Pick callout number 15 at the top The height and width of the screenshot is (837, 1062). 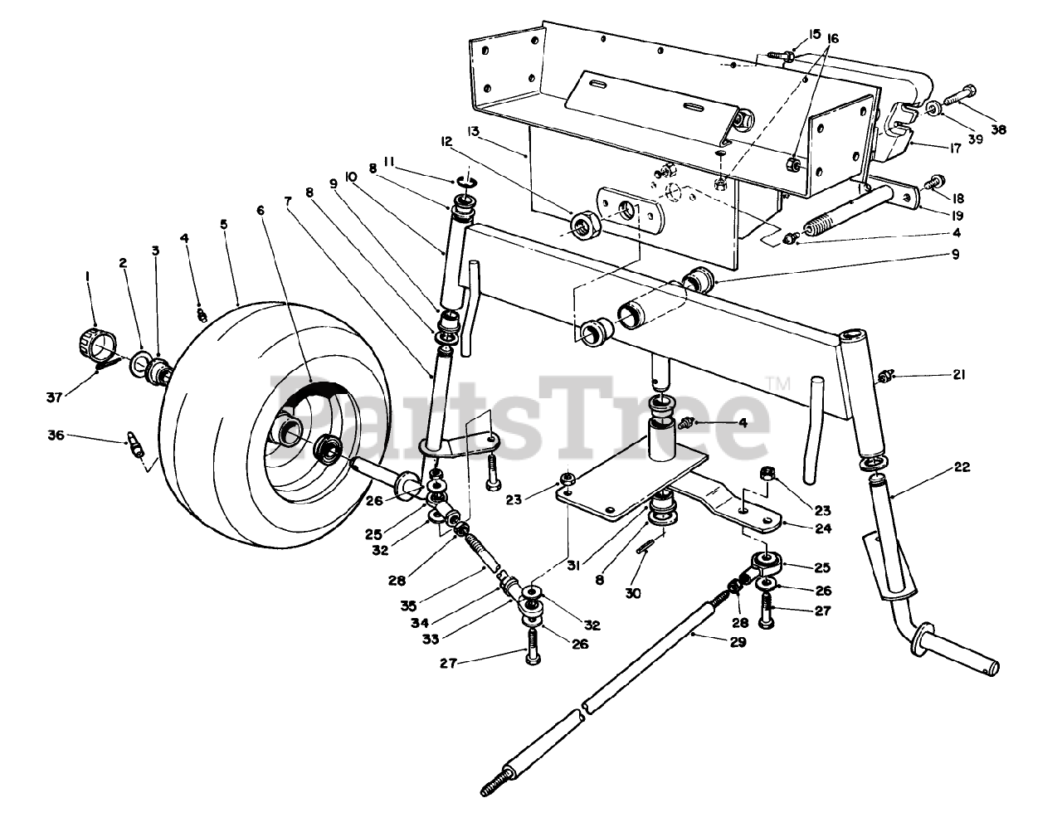(813, 35)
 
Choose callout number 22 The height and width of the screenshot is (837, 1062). (962, 469)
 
